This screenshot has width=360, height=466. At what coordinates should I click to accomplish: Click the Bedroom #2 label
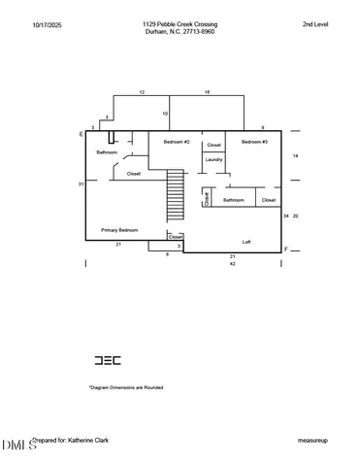click(176, 143)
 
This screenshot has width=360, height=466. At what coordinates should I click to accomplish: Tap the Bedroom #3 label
click(254, 143)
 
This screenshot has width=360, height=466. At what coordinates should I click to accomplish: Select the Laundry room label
click(213, 159)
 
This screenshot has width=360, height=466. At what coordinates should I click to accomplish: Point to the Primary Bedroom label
click(119, 230)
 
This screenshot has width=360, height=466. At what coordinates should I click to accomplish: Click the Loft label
click(247, 242)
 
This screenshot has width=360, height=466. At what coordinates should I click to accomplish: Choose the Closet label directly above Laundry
click(213, 145)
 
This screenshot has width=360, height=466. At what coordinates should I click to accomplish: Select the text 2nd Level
click(315, 23)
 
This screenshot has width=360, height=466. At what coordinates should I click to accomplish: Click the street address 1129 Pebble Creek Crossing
click(180, 23)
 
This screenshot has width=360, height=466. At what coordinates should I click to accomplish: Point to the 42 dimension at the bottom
click(232, 264)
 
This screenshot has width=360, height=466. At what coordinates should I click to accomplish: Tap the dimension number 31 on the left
click(82, 183)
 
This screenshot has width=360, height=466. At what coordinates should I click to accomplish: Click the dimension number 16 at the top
click(207, 91)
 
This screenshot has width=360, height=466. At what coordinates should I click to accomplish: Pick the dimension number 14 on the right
click(295, 155)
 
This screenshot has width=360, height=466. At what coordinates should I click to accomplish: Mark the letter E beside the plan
click(81, 134)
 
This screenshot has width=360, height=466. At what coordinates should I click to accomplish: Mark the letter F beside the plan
click(285, 250)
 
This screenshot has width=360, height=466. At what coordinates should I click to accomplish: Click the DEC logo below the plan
click(107, 360)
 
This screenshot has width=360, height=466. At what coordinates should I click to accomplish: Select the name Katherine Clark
click(88, 440)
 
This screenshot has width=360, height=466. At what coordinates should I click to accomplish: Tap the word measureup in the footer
click(312, 440)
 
